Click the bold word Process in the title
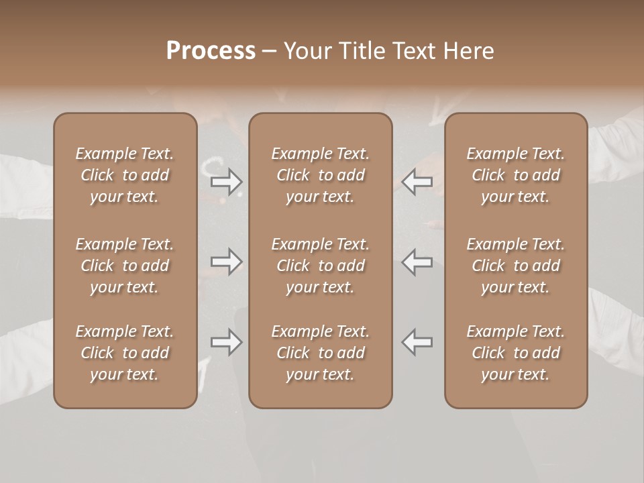pyautogui.click(x=211, y=51)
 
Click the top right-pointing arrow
pyautogui.click(x=227, y=181)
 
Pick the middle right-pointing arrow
pyautogui.click(x=227, y=262)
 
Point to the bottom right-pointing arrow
pyautogui.click(x=227, y=342)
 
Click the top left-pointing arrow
pyautogui.click(x=417, y=181)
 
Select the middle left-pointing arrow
pyautogui.click(x=417, y=262)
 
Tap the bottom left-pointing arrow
pyautogui.click(x=417, y=342)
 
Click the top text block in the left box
pyautogui.click(x=125, y=175)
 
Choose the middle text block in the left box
pyautogui.click(x=125, y=266)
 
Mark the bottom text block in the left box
pyautogui.click(x=125, y=353)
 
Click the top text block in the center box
pyautogui.click(x=320, y=175)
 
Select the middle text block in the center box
pyautogui.click(x=320, y=266)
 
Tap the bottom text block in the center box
pyautogui.click(x=320, y=353)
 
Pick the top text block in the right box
pyautogui.click(x=515, y=175)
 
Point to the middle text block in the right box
pyautogui.click(x=515, y=266)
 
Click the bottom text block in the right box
pyautogui.click(x=515, y=353)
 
